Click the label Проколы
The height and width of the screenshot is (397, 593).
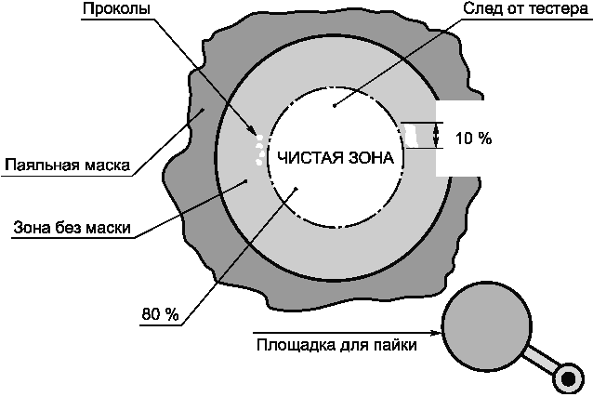pyautogui.click(x=115, y=9)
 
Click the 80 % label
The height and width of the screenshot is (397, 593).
pyautogui.click(x=160, y=314)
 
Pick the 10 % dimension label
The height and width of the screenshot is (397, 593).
pyautogui.click(x=473, y=139)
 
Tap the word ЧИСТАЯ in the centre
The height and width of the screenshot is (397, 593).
pyautogui.click(x=302, y=159)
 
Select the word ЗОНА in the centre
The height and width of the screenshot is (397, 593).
pyautogui.click(x=373, y=159)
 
